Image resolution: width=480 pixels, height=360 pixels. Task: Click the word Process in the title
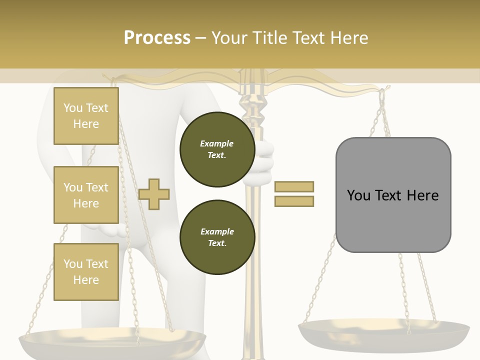click(x=157, y=38)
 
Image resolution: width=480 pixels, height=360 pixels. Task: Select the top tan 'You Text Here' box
click(x=86, y=116)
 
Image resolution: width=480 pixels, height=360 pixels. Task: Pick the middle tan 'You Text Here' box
click(x=86, y=195)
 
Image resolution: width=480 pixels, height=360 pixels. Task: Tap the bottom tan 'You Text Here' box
click(x=86, y=272)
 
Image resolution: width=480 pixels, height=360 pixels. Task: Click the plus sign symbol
click(x=154, y=194)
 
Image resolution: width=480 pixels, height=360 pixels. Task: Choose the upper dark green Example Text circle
click(x=217, y=149)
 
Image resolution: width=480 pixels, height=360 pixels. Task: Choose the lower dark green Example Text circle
click(x=217, y=237)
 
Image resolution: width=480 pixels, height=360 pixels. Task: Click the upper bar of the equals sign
click(x=294, y=186)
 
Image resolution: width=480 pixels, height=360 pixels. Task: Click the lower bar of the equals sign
click(x=294, y=201)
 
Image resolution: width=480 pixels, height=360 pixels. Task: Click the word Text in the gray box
click(x=393, y=195)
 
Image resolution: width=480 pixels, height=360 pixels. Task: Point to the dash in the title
click(x=201, y=38)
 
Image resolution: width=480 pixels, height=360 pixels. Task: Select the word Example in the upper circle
click(x=217, y=144)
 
